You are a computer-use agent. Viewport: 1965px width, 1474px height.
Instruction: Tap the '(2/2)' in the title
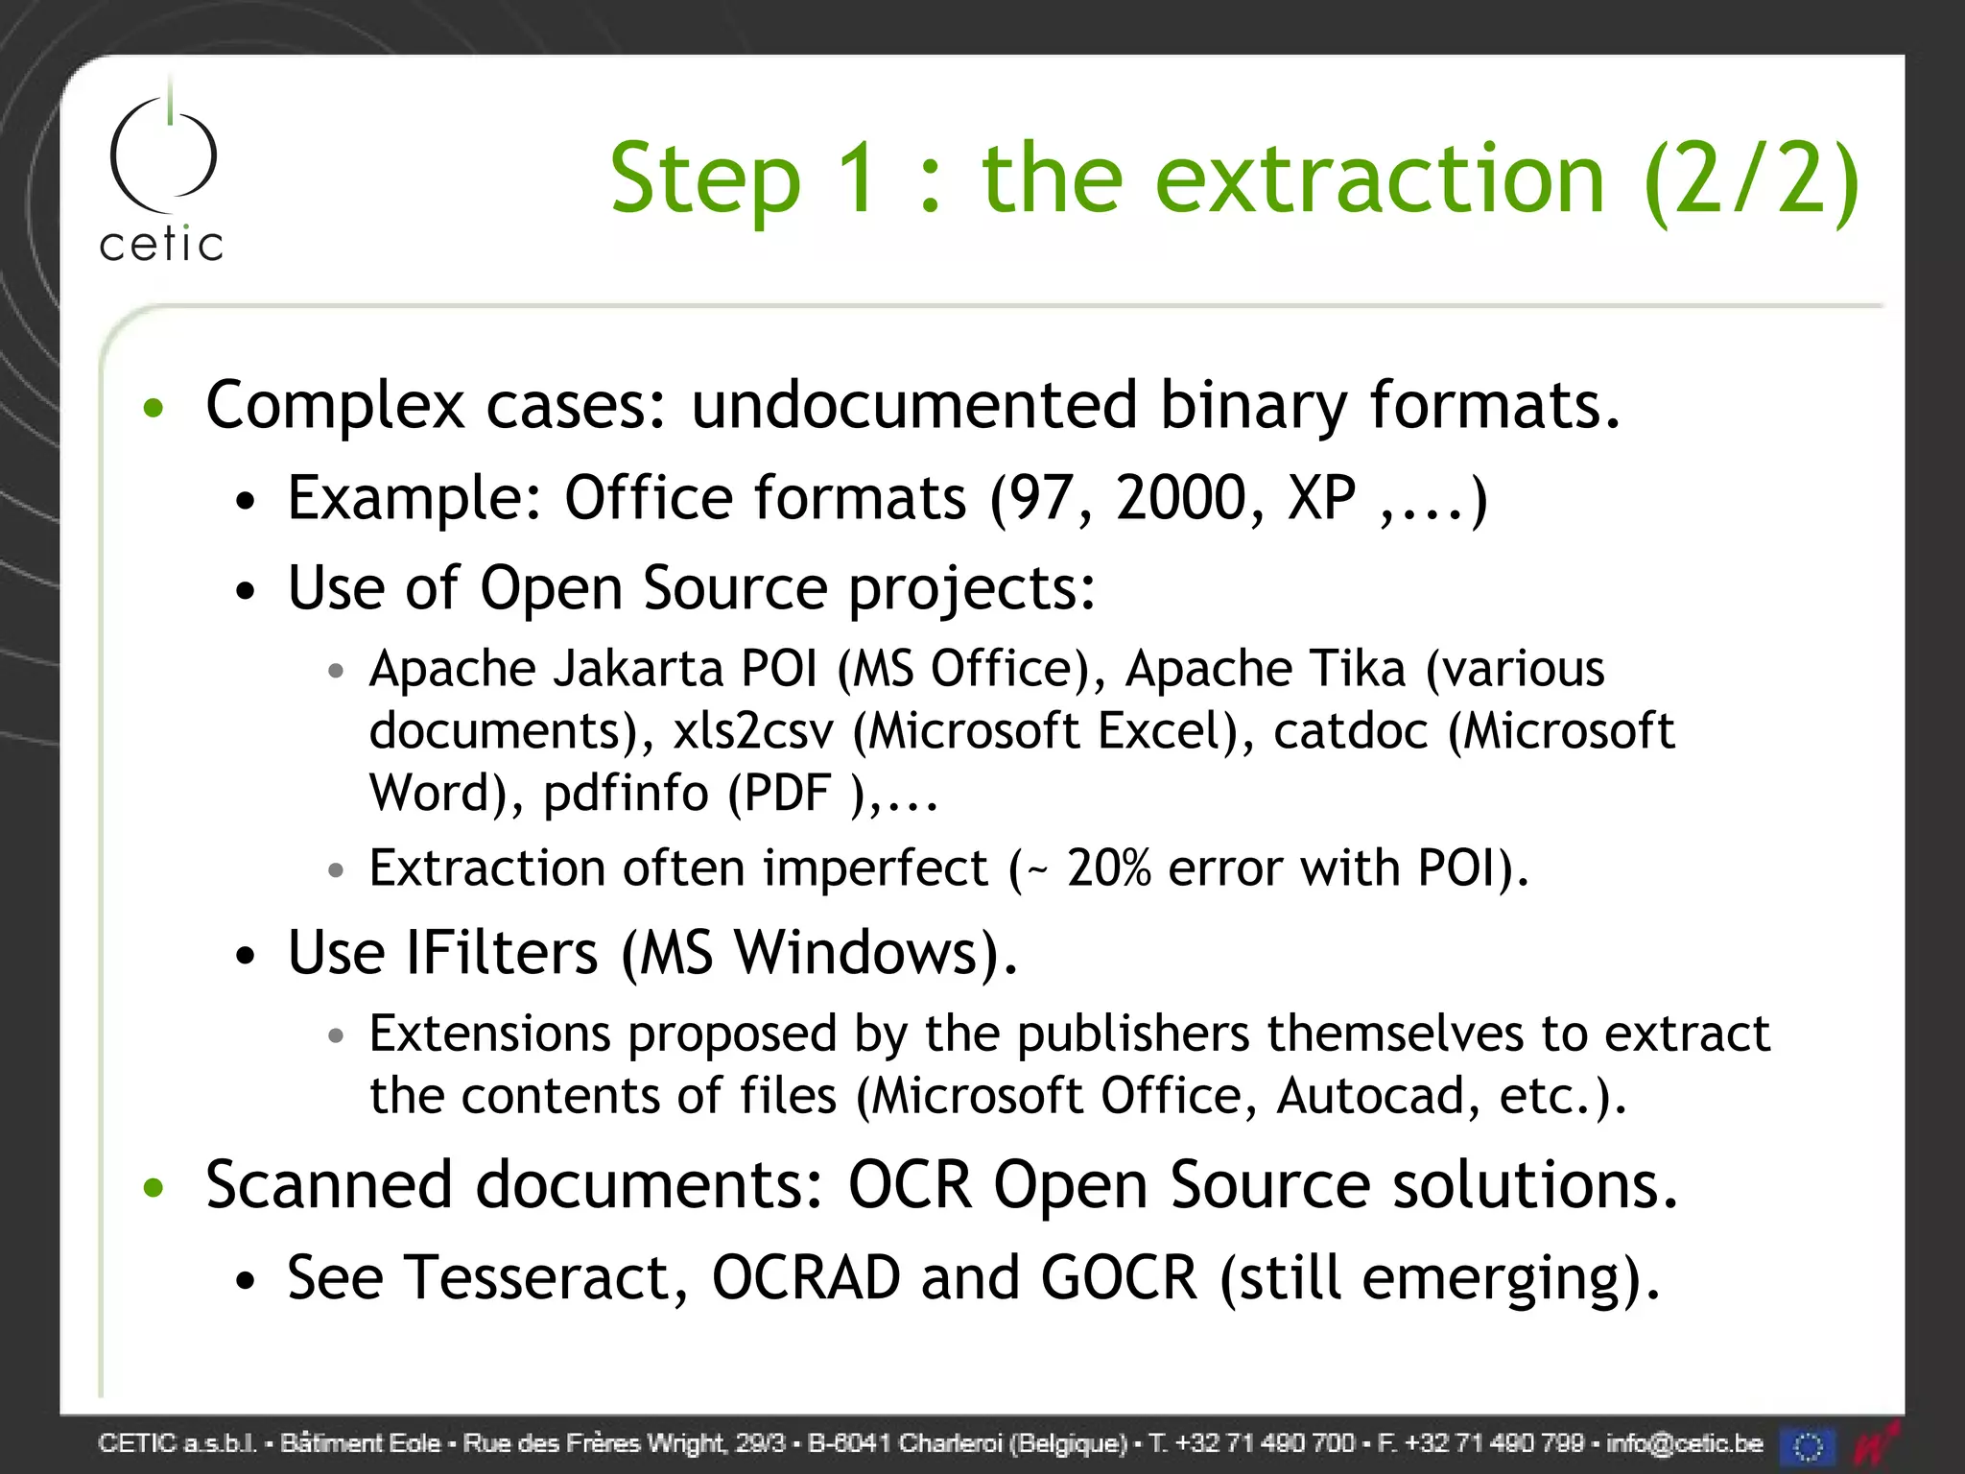[x=1751, y=179]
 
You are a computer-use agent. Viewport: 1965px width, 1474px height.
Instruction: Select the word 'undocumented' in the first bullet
[x=913, y=405]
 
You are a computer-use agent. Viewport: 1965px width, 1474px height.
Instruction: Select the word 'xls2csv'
[x=753, y=731]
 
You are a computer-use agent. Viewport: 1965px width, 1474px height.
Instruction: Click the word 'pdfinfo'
[x=626, y=794]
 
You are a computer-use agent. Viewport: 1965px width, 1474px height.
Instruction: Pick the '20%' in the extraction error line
[x=1108, y=868]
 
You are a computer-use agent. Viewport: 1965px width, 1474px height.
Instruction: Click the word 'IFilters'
[x=503, y=953]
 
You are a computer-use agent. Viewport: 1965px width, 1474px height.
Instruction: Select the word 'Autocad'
[x=1370, y=1096]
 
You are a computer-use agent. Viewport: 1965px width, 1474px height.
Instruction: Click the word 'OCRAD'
[x=806, y=1278]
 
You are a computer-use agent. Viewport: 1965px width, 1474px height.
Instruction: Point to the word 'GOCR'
[x=1119, y=1278]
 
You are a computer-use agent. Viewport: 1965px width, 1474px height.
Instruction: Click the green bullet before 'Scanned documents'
[x=154, y=1188]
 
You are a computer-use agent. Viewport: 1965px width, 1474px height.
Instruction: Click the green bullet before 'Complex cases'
[x=154, y=409]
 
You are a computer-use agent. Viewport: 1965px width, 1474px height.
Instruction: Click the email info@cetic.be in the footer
[x=1684, y=1443]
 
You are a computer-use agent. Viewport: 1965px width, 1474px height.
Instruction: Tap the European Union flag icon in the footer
[x=1808, y=1445]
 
